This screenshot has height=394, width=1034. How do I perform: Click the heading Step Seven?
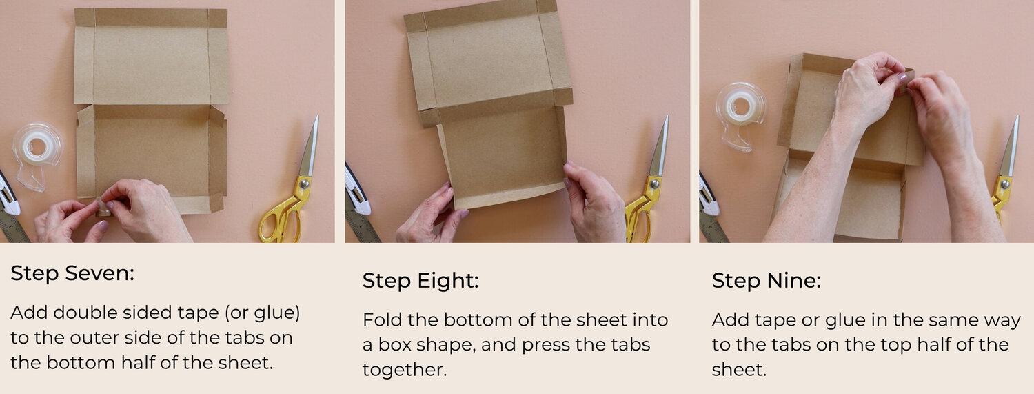click(72, 273)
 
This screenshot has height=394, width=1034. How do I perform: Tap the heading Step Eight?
click(420, 281)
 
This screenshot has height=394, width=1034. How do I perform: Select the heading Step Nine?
click(767, 281)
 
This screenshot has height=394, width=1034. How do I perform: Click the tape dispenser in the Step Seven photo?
click(36, 152)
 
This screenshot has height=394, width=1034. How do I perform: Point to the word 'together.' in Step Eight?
click(405, 369)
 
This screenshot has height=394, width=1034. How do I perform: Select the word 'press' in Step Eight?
click(546, 344)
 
